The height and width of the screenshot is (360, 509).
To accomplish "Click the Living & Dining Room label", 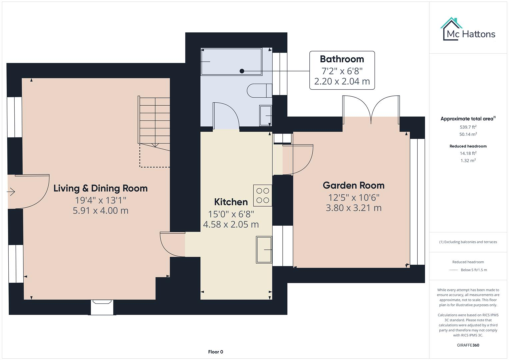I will pyautogui.click(x=100, y=188).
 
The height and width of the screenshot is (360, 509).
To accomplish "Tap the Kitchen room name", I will pyautogui.click(x=231, y=202).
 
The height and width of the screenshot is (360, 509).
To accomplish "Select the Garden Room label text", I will pyautogui.click(x=353, y=185).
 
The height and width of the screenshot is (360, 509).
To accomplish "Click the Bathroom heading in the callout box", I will pyautogui.click(x=342, y=59).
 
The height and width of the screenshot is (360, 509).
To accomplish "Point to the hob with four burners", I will pyautogui.click(x=263, y=195).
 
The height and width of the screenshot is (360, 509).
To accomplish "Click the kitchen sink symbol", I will pyautogui.click(x=264, y=249).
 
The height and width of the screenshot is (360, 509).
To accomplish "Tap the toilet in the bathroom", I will pyautogui.click(x=259, y=90).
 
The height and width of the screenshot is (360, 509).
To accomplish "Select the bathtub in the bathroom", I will pyautogui.click(x=231, y=62).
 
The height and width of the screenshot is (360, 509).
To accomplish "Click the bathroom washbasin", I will pyautogui.click(x=265, y=115).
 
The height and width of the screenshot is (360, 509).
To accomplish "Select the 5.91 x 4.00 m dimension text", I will pyautogui.click(x=100, y=211).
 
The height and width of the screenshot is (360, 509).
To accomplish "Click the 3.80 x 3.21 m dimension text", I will pyautogui.click(x=353, y=208).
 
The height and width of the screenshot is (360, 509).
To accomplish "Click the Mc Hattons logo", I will pyautogui.click(x=468, y=30).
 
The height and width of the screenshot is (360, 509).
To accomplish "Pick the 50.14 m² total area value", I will pyautogui.click(x=468, y=134).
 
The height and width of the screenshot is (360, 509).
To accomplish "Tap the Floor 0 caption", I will pyautogui.click(x=215, y=352).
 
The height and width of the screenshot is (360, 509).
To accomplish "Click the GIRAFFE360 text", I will pyautogui.click(x=468, y=345).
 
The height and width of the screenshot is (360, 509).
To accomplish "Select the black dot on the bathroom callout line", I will pyautogui.click(x=242, y=71).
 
